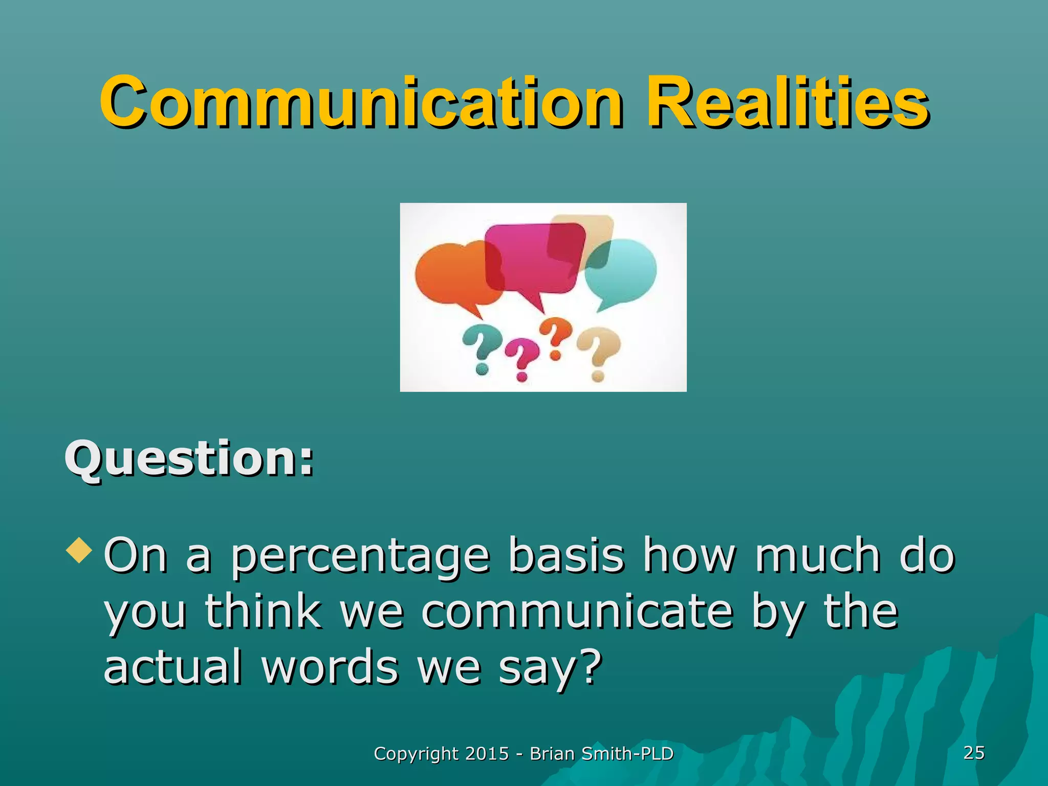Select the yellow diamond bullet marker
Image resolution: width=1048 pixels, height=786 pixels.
(x=80, y=551)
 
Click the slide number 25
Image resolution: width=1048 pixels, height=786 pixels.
(x=973, y=753)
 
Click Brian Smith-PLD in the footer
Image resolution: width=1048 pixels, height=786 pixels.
(x=601, y=754)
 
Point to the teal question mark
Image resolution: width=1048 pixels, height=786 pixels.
(x=480, y=348)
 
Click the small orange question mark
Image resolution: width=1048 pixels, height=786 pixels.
(x=556, y=335)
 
